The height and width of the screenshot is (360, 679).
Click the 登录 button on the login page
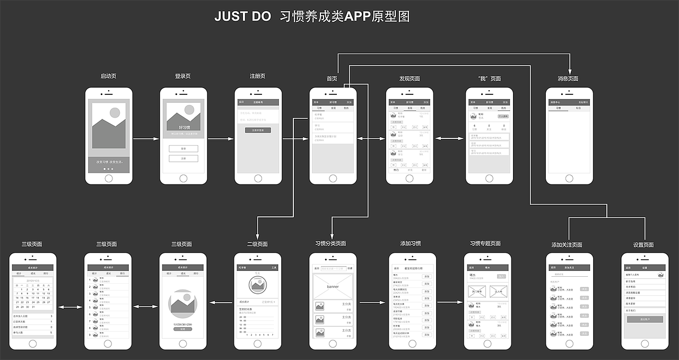click(x=183, y=149)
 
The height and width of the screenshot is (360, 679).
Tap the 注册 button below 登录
click(x=183, y=159)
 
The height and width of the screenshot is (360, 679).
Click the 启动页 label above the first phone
click(x=108, y=76)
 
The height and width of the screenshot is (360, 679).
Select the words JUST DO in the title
click(x=242, y=16)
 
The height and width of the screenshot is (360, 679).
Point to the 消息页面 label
click(x=568, y=79)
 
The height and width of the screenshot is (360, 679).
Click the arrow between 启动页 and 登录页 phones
click(x=146, y=139)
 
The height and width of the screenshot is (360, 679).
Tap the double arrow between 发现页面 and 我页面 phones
click(x=449, y=139)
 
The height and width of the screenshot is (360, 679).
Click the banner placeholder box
click(x=333, y=286)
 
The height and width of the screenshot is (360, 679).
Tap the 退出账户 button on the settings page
click(x=645, y=319)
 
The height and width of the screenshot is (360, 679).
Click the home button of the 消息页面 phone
click(x=569, y=178)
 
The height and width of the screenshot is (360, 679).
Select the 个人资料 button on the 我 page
click(x=502, y=116)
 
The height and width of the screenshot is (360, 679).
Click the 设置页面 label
click(x=643, y=245)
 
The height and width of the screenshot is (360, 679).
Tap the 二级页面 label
click(x=257, y=244)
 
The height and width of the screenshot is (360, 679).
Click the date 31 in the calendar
click(x=33, y=306)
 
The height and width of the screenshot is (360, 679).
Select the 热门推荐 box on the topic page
click(x=477, y=291)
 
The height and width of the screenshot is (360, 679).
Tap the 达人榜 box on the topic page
click(x=498, y=291)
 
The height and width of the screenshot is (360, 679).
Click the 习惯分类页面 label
click(x=330, y=244)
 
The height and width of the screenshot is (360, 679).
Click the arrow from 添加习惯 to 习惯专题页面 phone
click(x=450, y=302)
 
